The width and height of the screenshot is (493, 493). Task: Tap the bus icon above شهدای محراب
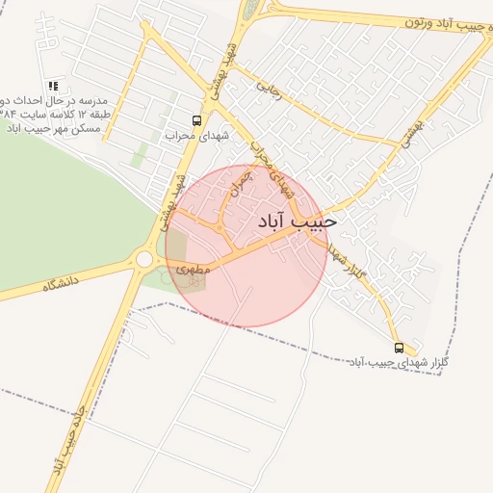[197, 121]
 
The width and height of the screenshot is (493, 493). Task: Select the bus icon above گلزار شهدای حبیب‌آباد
[400, 347]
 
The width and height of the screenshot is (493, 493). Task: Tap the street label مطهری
[193, 271]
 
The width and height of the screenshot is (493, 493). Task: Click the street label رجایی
[269, 87]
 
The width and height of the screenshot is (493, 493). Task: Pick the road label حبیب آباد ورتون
[442, 22]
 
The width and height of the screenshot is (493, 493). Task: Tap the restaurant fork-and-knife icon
[52, 86]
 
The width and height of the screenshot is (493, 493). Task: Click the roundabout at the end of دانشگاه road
[144, 259]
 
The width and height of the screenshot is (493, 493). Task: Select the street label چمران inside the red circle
[239, 187]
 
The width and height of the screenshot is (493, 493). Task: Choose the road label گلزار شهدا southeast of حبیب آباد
[346, 263]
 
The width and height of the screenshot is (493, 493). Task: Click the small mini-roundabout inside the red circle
[221, 229]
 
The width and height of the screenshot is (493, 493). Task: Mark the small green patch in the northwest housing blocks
[142, 154]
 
